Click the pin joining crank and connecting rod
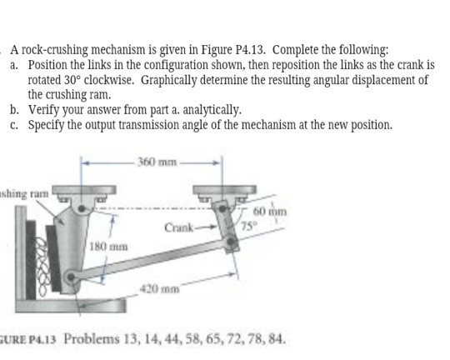(x=231, y=242)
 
